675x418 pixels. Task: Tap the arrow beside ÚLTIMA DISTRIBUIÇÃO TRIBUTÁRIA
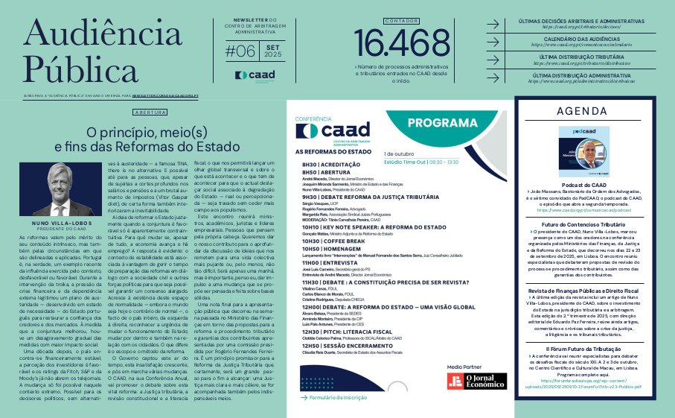coord(493,60)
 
